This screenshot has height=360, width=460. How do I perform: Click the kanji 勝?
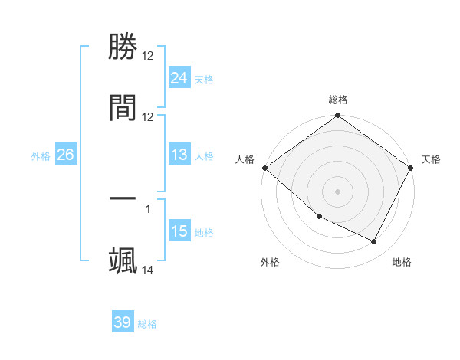(123, 47)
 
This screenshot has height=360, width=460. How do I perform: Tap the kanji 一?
(123, 199)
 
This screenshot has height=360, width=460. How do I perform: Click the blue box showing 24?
(179, 78)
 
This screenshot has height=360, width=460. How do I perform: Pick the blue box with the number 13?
(179, 155)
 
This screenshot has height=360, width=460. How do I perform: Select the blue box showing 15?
(179, 232)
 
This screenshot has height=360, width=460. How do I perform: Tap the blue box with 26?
(65, 155)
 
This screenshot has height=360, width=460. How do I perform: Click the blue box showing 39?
(122, 322)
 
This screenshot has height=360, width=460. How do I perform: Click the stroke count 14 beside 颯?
(148, 270)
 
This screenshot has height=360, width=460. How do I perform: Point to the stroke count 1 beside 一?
(147, 207)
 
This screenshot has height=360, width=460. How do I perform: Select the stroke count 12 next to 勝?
(148, 56)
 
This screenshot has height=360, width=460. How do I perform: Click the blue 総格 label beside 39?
(147, 324)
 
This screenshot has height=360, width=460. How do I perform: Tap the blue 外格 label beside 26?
(41, 156)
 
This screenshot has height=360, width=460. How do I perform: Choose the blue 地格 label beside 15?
(204, 233)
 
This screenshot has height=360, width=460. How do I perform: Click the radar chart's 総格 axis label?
(338, 100)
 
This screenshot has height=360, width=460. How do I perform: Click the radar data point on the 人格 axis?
(264, 168)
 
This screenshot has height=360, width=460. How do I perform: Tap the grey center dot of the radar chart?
(338, 191)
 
